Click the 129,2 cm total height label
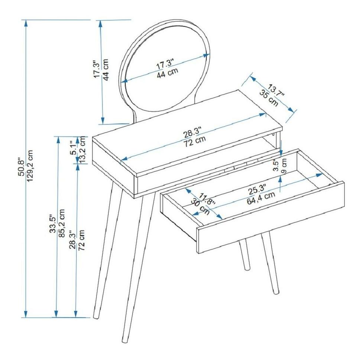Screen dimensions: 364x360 (x=30, y=165)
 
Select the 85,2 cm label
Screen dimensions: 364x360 (x=61, y=223)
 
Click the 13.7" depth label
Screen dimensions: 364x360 (x=276, y=91)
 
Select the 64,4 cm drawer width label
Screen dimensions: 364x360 (x=261, y=198)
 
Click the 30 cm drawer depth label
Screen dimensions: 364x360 (x=200, y=207)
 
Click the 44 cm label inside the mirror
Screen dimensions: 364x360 (x=167, y=73)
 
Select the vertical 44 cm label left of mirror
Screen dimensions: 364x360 (x=106, y=70)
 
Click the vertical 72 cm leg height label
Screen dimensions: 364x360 (x=81, y=240)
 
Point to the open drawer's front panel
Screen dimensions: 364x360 (x=270, y=218)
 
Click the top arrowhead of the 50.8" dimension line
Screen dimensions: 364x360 (x=26, y=23)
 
